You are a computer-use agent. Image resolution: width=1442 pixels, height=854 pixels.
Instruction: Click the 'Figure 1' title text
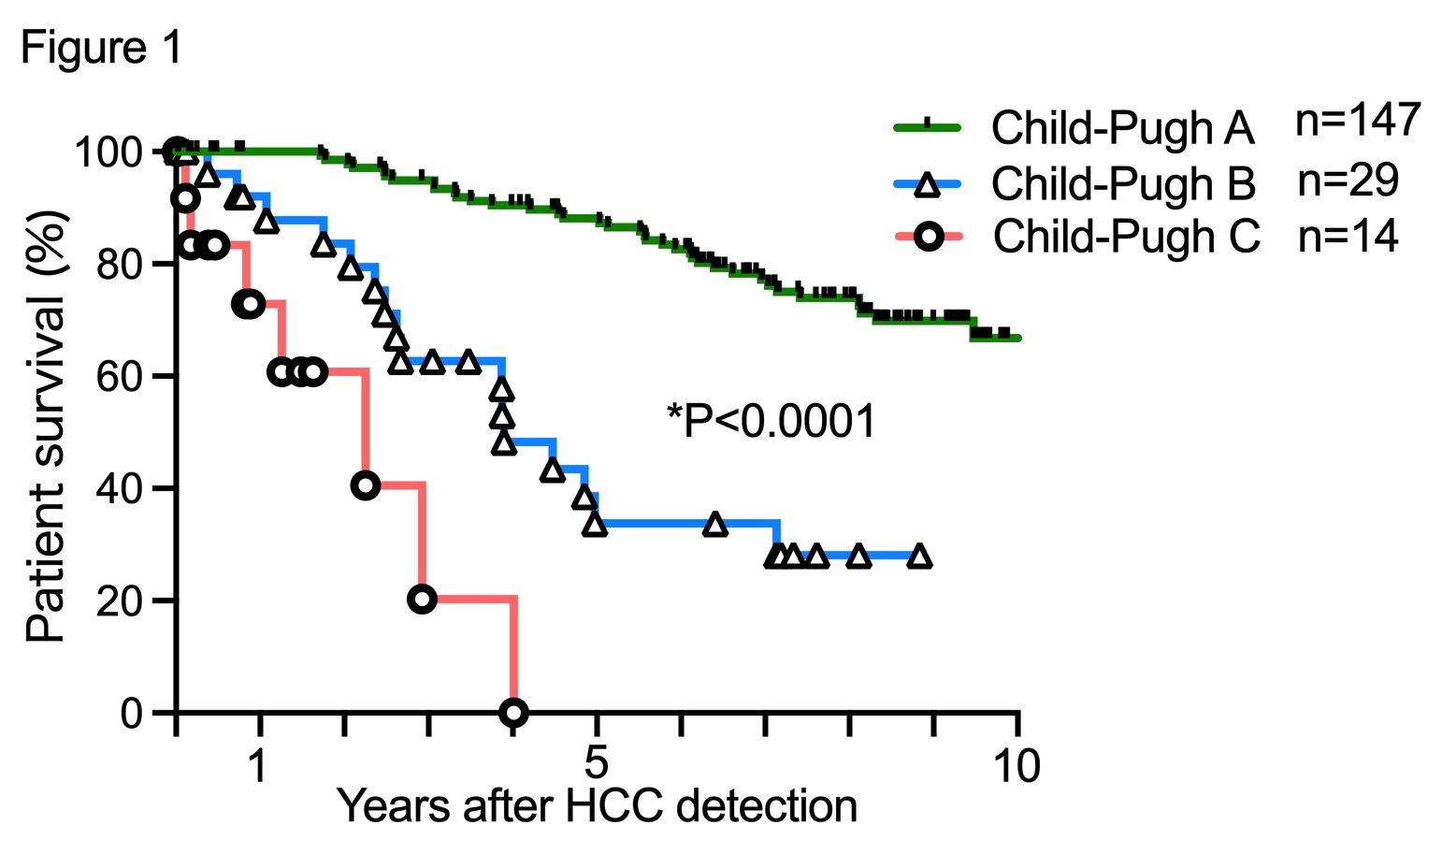[x=102, y=48]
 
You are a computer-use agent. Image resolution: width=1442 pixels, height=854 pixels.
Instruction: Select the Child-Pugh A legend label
[x=1122, y=128]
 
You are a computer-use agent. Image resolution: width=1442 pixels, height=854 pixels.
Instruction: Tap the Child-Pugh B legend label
[x=1123, y=183]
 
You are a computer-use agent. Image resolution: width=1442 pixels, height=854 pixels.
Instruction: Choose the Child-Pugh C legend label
[x=1126, y=237]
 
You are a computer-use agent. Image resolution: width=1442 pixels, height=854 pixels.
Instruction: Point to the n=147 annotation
[x=1358, y=121]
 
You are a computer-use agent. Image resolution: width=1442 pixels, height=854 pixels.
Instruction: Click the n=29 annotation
[x=1348, y=180]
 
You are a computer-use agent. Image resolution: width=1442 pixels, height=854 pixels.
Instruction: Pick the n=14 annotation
[x=1348, y=236]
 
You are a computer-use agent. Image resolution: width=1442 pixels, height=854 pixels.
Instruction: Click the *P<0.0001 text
[x=771, y=421]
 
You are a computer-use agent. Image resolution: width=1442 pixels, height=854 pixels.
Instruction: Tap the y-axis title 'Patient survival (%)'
[x=47, y=427]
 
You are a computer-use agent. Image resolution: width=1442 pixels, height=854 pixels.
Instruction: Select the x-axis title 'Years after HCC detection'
[x=597, y=806]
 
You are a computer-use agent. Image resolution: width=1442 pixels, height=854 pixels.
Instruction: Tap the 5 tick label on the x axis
[x=596, y=765]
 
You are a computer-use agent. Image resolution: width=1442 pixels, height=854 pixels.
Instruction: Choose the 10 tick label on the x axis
[x=1016, y=765]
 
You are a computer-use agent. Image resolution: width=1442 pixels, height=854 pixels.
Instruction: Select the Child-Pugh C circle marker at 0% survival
[x=513, y=713]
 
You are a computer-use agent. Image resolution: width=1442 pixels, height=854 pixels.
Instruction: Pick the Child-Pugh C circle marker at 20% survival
[x=422, y=599]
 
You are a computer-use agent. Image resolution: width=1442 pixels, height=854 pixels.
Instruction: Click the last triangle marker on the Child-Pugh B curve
[x=919, y=557]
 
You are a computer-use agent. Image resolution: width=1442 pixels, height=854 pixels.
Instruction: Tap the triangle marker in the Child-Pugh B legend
[x=927, y=184]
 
